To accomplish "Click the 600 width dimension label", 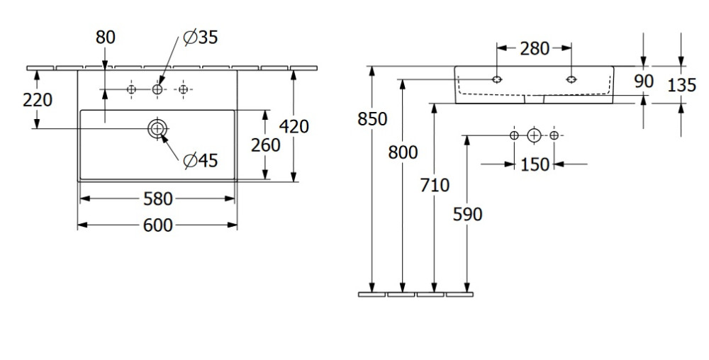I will pyautogui.click(x=157, y=225).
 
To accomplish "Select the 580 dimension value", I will pyautogui.click(x=157, y=199).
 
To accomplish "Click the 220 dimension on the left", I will pyautogui.click(x=37, y=100).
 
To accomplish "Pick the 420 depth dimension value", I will pyautogui.click(x=294, y=126).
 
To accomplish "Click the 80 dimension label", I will pyautogui.click(x=105, y=38).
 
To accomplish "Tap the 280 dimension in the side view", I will pyautogui.click(x=534, y=48).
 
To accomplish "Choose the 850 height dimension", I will pyautogui.click(x=373, y=119).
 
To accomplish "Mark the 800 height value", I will pyautogui.click(x=403, y=152).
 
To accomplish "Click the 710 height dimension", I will pyautogui.click(x=435, y=186).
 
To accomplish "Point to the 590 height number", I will pyautogui.click(x=467, y=213).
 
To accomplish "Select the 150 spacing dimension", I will pyautogui.click(x=535, y=164).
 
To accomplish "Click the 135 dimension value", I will pyautogui.click(x=681, y=85).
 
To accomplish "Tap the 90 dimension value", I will pyautogui.click(x=643, y=81).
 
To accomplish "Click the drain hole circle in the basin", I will pyautogui.click(x=157, y=128).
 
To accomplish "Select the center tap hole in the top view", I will pyautogui.click(x=157, y=89).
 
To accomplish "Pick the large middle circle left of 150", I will pyautogui.click(x=534, y=135).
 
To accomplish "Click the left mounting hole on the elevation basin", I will pyautogui.click(x=497, y=79).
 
